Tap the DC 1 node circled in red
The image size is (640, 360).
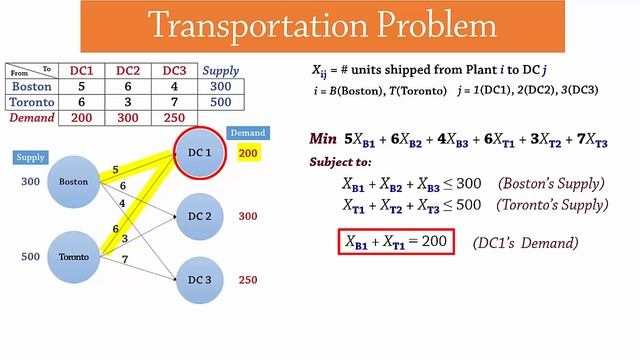pyautogui.click(x=199, y=152)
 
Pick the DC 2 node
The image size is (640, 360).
pyautogui.click(x=199, y=216)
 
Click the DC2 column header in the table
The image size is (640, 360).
pyautogui.click(x=127, y=71)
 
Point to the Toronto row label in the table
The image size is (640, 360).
pyautogui.click(x=31, y=101)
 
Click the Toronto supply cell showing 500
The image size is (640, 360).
pyautogui.click(x=220, y=101)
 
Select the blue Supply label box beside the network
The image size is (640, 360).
pyautogui.click(x=31, y=157)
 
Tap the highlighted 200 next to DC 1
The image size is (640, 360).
pyautogui.click(x=248, y=152)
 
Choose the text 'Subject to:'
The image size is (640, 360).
pyautogui.click(x=341, y=162)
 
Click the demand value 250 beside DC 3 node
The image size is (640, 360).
pyautogui.click(x=248, y=280)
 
